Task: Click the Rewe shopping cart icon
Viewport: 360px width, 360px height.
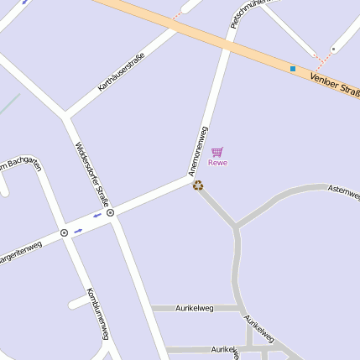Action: [x=217, y=152]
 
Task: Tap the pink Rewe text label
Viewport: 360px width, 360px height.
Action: [x=217, y=163]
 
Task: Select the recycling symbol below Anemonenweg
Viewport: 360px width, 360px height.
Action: [x=198, y=185]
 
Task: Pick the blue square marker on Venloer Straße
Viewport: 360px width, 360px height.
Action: [x=293, y=68]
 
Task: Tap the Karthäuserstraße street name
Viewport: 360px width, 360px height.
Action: [x=122, y=70]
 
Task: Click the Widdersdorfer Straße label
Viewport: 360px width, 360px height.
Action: [x=91, y=173]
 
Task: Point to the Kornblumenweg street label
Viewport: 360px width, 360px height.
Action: [x=98, y=314]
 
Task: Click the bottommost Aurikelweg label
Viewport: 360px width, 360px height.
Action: [x=230, y=348]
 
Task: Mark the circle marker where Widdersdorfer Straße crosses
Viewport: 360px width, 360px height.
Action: [x=110, y=213]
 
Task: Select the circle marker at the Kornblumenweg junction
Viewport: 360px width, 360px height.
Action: [x=64, y=232]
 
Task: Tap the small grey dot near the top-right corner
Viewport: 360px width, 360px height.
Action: [x=333, y=50]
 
